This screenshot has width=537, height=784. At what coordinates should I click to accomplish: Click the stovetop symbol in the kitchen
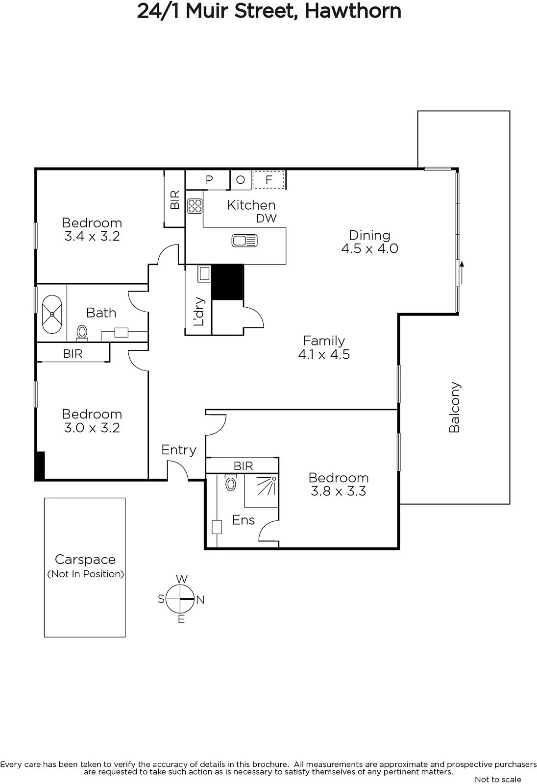click(195, 206)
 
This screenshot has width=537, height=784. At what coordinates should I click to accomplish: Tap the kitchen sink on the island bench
click(244, 241)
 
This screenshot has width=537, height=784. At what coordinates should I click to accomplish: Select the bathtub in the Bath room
click(52, 314)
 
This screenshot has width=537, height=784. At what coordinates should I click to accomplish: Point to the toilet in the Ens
click(230, 483)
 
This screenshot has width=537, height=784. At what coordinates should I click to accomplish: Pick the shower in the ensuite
click(262, 490)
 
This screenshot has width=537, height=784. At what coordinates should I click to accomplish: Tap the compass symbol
click(180, 599)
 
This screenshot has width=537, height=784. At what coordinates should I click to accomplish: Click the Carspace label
click(85, 559)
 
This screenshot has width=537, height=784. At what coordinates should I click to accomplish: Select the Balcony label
click(454, 407)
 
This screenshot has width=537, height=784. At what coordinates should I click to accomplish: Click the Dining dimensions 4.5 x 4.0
click(369, 248)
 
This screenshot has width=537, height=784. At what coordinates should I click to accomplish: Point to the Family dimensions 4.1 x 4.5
click(324, 354)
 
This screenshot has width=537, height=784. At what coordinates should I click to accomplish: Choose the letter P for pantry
click(209, 180)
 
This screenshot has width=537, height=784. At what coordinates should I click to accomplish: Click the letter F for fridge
click(269, 180)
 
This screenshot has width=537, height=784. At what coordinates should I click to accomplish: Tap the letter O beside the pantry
click(240, 180)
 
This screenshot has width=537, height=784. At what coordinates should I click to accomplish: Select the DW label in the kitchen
click(267, 219)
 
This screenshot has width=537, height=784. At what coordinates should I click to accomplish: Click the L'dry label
click(199, 312)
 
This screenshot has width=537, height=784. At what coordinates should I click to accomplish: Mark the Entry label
click(178, 450)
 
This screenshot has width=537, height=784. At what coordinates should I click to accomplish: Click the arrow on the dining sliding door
click(462, 272)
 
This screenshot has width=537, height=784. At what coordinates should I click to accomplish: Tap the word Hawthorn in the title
click(353, 11)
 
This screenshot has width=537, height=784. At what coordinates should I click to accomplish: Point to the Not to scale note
click(498, 779)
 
